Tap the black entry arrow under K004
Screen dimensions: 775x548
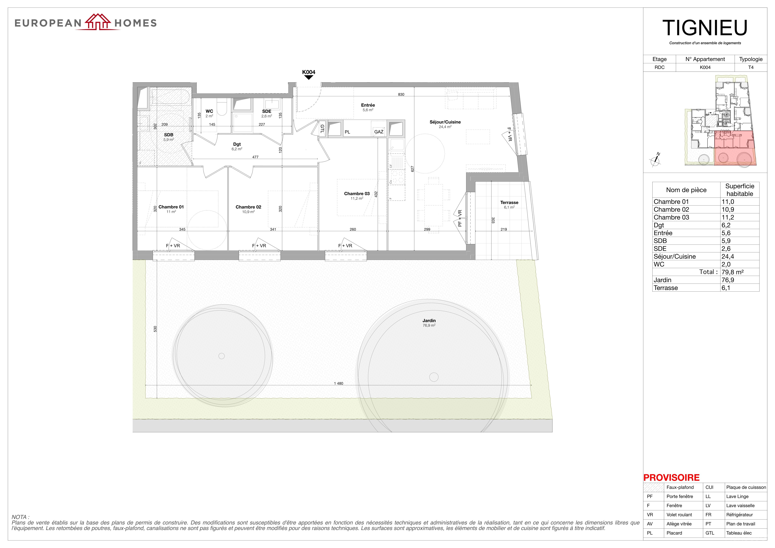point(309,77)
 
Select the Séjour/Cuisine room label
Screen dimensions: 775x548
point(445,122)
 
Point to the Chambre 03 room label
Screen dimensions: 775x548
point(357,193)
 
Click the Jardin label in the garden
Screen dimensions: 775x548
point(429,320)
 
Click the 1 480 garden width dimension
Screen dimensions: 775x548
point(339,383)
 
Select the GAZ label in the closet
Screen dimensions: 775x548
point(379,132)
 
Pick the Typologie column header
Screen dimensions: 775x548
point(751,59)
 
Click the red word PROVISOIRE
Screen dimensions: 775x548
point(671,477)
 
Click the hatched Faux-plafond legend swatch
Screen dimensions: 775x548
point(653,487)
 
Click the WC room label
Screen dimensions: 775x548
point(209,111)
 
